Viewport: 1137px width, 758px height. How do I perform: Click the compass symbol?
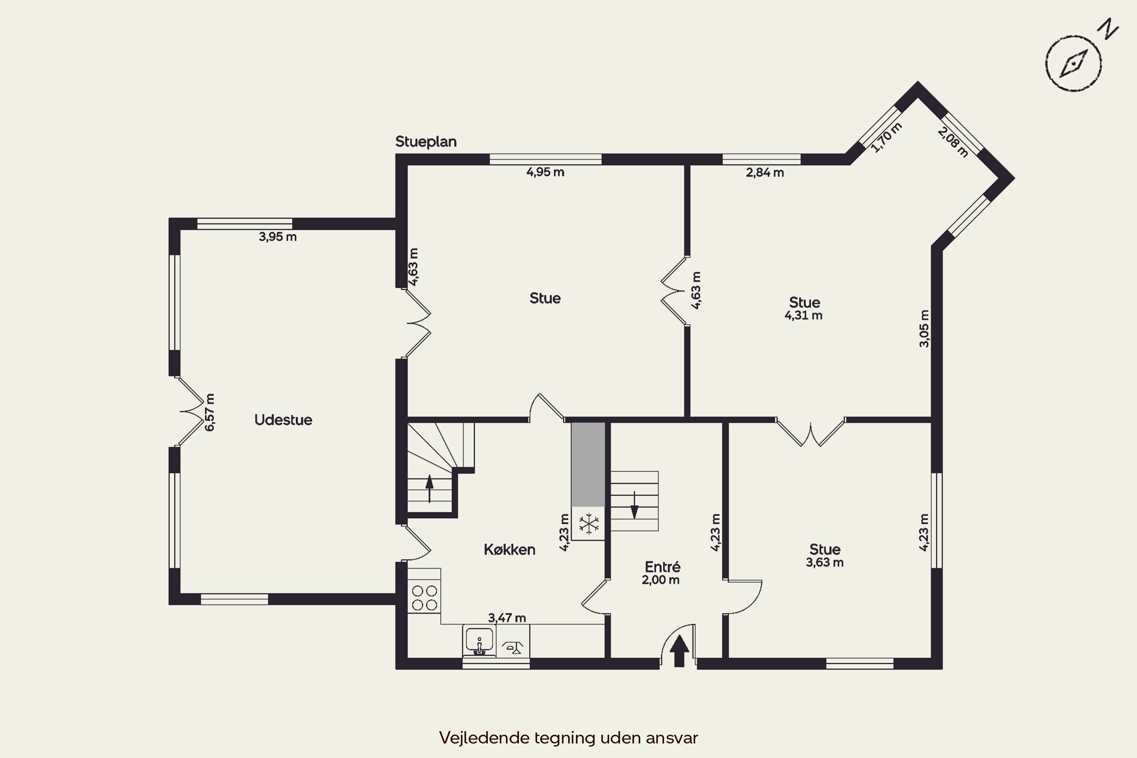pos(1073,63)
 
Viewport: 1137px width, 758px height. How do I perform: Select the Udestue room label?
pos(283,420)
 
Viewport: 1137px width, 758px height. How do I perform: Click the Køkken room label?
pos(509,550)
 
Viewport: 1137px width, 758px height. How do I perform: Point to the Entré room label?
pos(662,567)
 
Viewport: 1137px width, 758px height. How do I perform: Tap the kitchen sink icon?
pos(479,641)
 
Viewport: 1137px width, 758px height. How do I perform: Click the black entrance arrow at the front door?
pos(679,651)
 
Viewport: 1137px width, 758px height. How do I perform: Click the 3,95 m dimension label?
pos(277,237)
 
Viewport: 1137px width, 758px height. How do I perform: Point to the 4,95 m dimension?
pos(545,172)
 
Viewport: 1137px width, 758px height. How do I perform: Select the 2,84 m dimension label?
pos(765,172)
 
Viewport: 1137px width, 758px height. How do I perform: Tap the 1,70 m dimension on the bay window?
pos(886,138)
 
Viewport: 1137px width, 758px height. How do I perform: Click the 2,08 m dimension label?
pos(953,142)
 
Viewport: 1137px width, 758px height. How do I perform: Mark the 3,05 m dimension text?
pos(924,329)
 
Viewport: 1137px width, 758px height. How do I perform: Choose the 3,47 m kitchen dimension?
pos(507,618)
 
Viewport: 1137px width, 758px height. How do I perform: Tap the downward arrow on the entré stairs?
pos(634,505)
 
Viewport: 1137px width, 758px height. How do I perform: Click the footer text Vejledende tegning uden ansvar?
pos(568,738)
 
